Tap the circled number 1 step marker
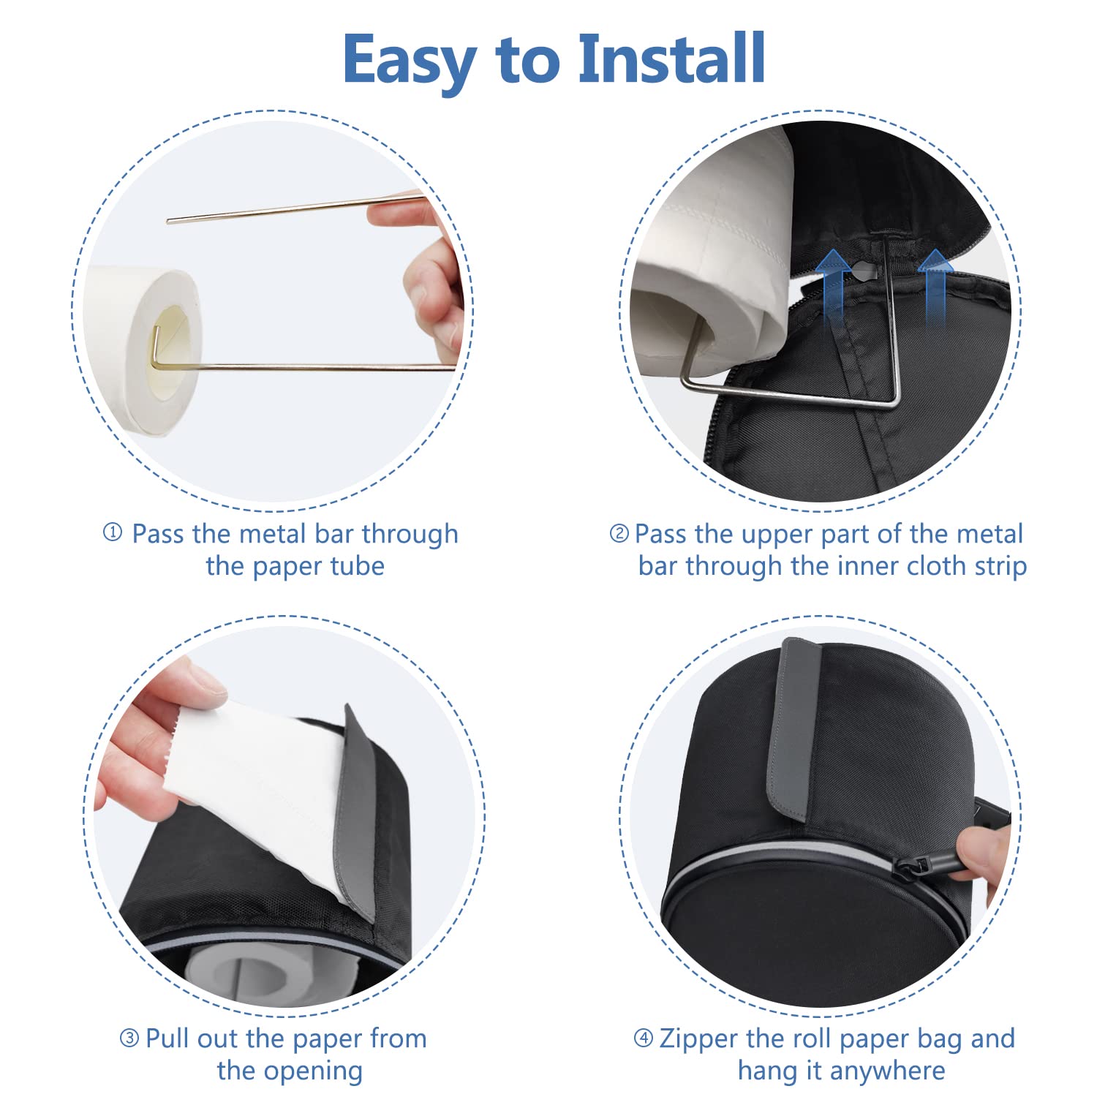pyautogui.click(x=113, y=532)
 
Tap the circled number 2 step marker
pyautogui.click(x=619, y=534)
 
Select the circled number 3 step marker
pyautogui.click(x=129, y=1038)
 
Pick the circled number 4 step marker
pyautogui.click(x=644, y=1038)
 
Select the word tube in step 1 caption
pyautogui.click(x=356, y=566)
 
